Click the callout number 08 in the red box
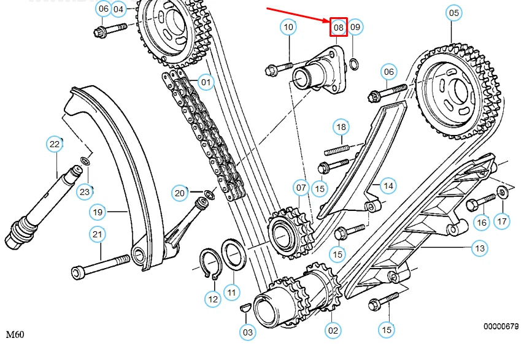tap(338, 27)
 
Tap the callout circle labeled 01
tap(206, 82)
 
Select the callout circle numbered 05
tap(453, 12)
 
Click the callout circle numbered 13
tap(479, 248)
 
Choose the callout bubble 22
tap(55, 145)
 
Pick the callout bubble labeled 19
tap(98, 212)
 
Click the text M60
tap(16, 335)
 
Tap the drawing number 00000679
tap(501, 327)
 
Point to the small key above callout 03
tap(244, 308)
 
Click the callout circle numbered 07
tap(301, 187)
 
